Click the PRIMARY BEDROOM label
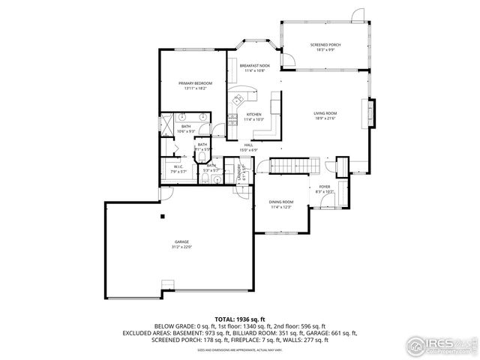pyautogui.click(x=195, y=82)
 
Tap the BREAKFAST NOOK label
pyautogui.click(x=254, y=66)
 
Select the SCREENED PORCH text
pyautogui.click(x=325, y=45)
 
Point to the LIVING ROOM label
pyautogui.click(x=325, y=113)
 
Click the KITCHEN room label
pyautogui.click(x=253, y=115)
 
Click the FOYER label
pyautogui.click(x=325, y=187)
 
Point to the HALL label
pyautogui.click(x=248, y=145)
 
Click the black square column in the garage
pyautogui.click(x=162, y=217)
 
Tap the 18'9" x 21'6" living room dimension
pyautogui.click(x=325, y=118)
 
